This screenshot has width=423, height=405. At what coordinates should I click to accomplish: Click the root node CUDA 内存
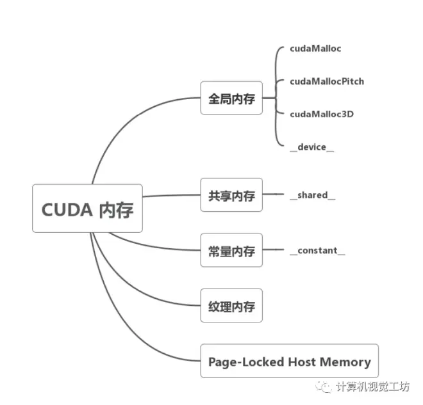[x=87, y=209]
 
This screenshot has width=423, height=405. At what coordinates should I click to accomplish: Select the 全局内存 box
[x=231, y=98]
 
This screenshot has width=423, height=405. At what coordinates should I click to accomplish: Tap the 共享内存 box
[x=231, y=195]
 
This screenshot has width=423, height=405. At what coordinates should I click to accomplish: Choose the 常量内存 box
[x=231, y=250]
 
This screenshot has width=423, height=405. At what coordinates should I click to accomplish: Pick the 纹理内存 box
[x=231, y=305]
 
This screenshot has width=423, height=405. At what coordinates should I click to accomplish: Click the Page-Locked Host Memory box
[x=289, y=361]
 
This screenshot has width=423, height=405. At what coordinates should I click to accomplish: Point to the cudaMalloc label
[x=315, y=49]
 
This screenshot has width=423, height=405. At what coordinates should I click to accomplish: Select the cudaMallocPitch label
[x=327, y=81]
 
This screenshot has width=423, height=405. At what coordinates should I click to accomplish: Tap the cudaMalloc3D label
[x=322, y=114]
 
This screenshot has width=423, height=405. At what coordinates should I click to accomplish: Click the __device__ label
[x=312, y=147]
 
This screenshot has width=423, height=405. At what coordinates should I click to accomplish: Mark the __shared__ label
[x=313, y=195]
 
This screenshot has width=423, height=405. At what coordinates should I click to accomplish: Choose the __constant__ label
[x=317, y=250]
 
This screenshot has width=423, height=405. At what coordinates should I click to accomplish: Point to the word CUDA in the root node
[x=67, y=209]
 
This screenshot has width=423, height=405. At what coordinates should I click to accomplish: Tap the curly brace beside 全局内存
[x=276, y=98]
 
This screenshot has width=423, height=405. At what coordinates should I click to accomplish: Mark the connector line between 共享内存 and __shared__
[x=273, y=195]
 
